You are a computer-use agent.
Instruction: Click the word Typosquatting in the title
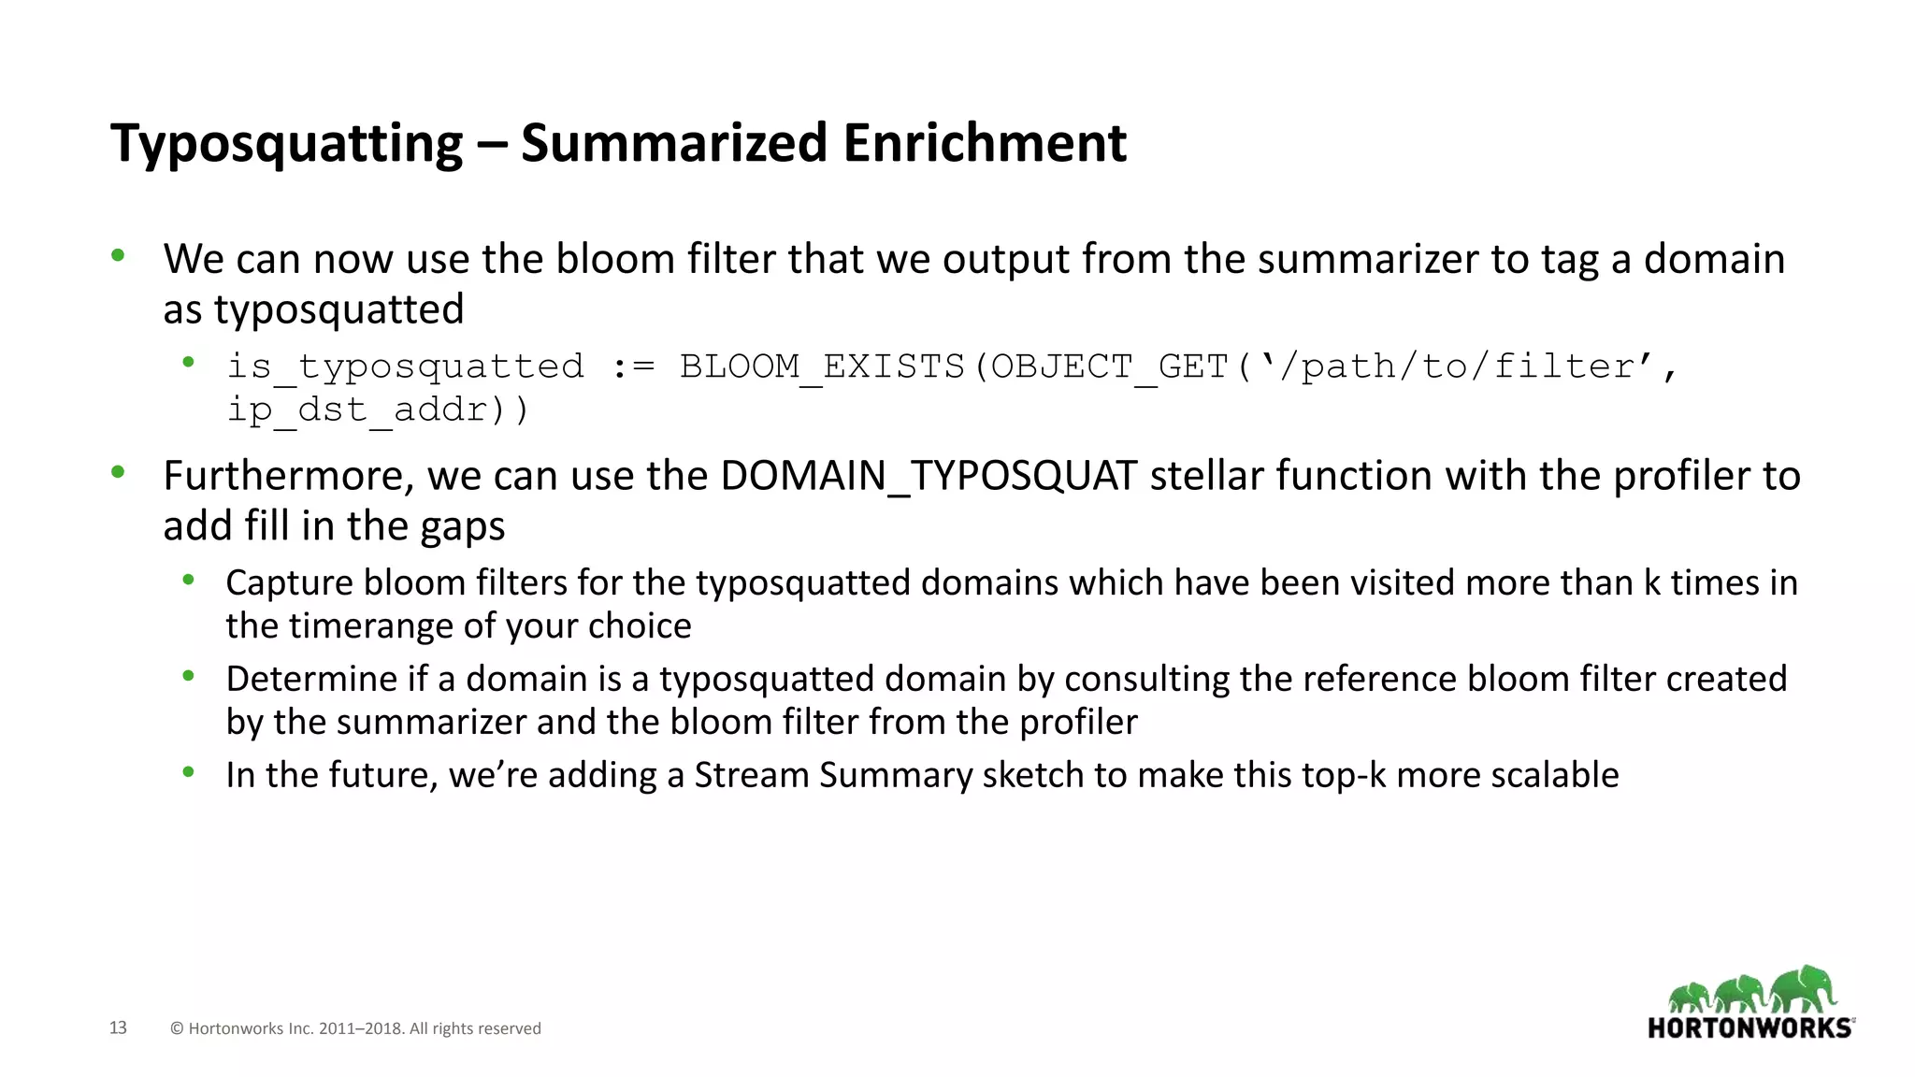[x=286, y=144]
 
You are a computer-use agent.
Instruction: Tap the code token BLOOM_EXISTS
[x=821, y=366]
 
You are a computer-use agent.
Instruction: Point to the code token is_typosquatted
[x=406, y=366]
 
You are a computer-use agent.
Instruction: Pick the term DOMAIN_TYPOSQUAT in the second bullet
[x=929, y=476]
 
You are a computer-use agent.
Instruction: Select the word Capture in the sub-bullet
[x=289, y=583]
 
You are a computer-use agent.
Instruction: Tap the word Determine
[x=311, y=679]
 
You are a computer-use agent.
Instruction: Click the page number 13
[x=118, y=1027]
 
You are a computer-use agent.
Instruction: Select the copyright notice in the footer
[x=355, y=1028]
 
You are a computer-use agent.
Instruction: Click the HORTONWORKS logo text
[x=1749, y=1028]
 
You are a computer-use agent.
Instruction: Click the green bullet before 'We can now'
[x=118, y=255]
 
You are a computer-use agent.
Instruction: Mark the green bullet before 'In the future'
[x=188, y=772]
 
